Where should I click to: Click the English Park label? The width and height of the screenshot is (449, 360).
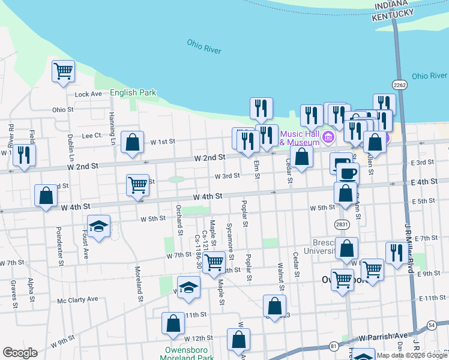click(x=133, y=93)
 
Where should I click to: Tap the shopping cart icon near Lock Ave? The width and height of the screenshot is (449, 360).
click(x=63, y=72)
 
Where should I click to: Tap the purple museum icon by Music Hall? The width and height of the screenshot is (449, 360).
click(x=328, y=138)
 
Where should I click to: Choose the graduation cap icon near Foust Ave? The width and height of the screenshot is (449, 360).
click(x=98, y=227)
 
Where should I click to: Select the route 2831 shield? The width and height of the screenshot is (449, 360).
click(x=342, y=224)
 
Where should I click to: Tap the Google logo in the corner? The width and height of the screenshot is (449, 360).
click(x=20, y=353)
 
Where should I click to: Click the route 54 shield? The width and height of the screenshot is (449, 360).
click(x=432, y=325)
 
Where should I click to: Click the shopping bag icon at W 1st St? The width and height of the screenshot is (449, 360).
click(x=133, y=143)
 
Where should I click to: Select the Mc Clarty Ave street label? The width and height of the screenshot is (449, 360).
click(x=77, y=299)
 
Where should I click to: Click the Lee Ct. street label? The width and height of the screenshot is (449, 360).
click(x=92, y=136)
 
